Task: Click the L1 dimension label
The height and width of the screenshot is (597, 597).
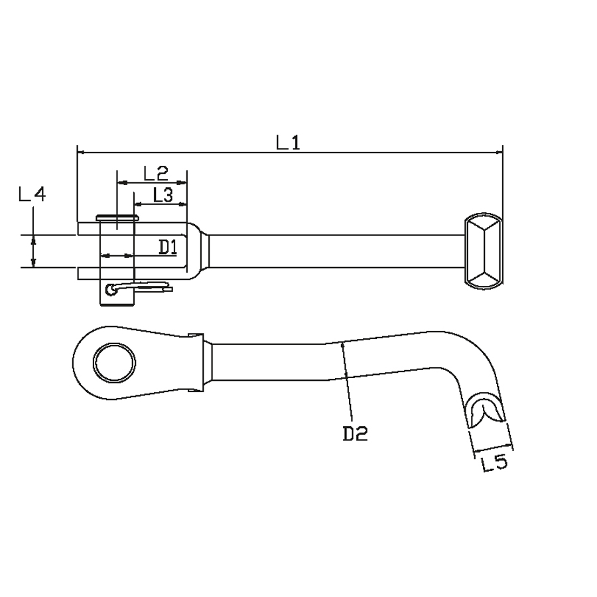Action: (289, 143)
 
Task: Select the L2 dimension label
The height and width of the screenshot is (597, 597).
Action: (156, 173)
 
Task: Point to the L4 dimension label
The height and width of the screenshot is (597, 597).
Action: (33, 194)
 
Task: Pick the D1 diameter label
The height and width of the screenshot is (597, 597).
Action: (168, 247)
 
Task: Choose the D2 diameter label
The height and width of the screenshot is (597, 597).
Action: (356, 434)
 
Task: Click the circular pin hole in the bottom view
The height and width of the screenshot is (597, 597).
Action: (115, 362)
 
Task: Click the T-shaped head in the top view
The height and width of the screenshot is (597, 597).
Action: (483, 251)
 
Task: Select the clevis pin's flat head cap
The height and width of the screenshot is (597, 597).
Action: (117, 218)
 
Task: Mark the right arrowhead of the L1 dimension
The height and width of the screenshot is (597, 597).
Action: (499, 153)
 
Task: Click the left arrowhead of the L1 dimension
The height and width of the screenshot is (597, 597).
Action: (81, 153)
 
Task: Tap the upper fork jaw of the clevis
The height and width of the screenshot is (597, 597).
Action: (133, 228)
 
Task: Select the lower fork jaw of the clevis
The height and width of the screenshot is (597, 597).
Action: (133, 273)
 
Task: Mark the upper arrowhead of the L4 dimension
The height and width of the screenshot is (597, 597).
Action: (34, 239)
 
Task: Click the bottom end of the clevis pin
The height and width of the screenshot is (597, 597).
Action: (117, 304)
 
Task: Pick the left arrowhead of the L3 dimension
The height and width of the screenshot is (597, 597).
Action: (138, 204)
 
